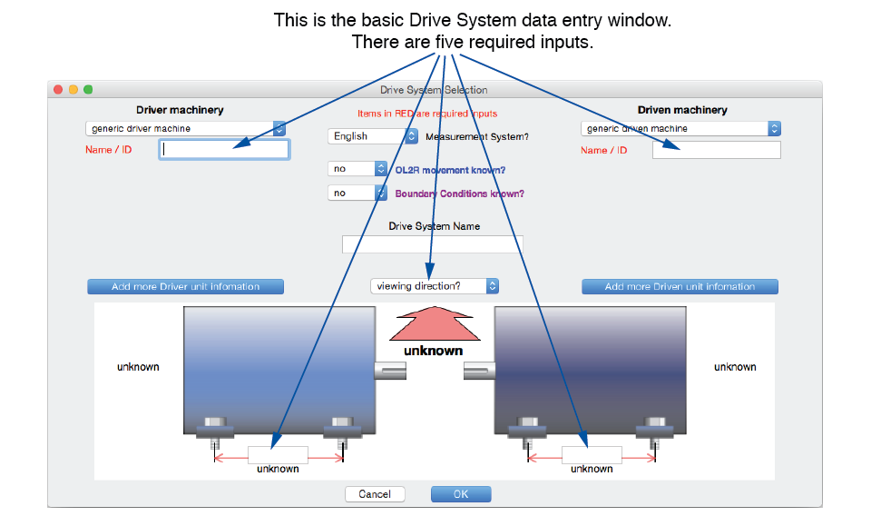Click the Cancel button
[x=375, y=494]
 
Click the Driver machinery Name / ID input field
[x=224, y=150]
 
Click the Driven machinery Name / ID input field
[x=716, y=150]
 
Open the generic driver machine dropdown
[x=185, y=128]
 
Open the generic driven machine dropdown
[x=680, y=128]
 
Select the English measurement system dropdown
[x=373, y=136]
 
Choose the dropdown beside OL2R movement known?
[x=357, y=168]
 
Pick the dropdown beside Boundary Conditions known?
[x=357, y=193]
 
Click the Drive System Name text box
[x=432, y=244]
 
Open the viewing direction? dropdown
[x=435, y=286]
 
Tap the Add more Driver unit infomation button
[x=185, y=286]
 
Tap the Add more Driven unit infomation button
[x=680, y=286]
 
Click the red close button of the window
[x=58, y=90]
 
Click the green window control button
[x=88, y=90]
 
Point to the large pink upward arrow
[x=435, y=323]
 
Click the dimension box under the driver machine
[x=278, y=455]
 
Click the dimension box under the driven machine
[x=592, y=455]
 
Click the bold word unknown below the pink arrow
[x=434, y=351]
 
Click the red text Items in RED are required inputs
[x=427, y=114]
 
